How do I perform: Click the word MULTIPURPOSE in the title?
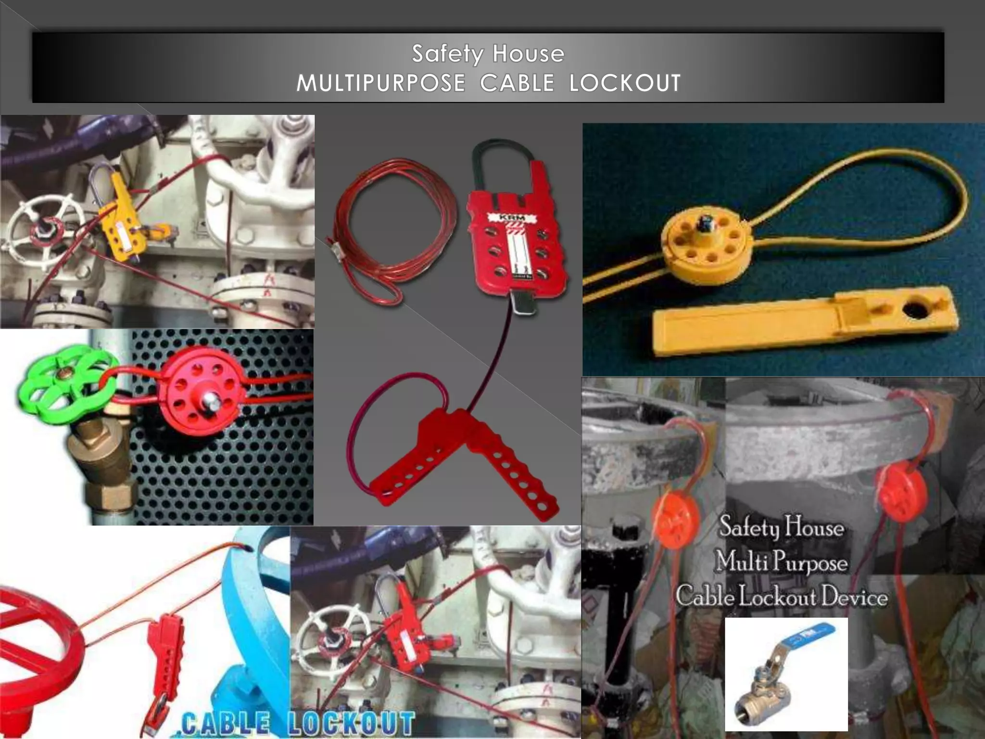(380, 83)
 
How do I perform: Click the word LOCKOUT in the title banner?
(625, 83)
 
